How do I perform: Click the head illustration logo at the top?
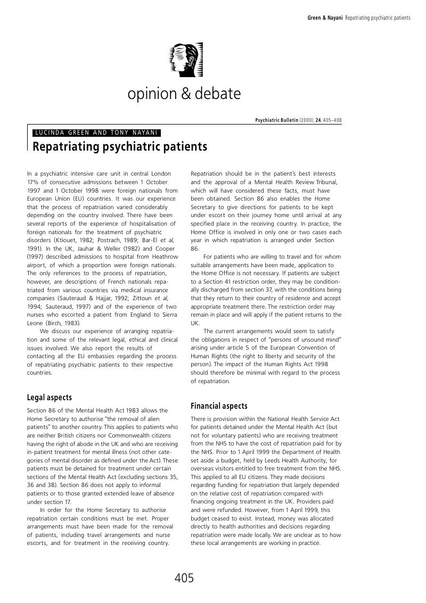(x=184, y=60)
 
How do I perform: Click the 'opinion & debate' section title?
(x=184, y=94)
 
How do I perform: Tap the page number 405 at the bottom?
(x=184, y=578)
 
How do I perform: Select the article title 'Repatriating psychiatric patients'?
(x=120, y=146)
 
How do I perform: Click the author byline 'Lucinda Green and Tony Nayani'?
(x=96, y=133)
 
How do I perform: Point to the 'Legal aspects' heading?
(x=49, y=398)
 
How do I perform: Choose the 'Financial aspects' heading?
(x=219, y=406)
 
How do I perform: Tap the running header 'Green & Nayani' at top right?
(x=325, y=18)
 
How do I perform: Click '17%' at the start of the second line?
(x=33, y=182)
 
